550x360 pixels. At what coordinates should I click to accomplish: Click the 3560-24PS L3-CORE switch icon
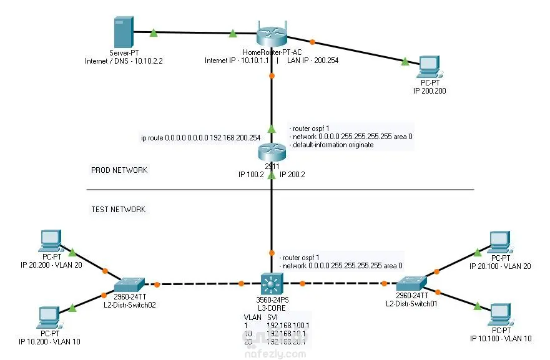(272, 285)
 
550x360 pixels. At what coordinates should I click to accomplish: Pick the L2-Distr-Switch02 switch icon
(130, 284)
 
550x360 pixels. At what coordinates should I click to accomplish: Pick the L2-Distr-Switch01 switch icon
(411, 284)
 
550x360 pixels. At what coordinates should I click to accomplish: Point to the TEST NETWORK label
(119, 210)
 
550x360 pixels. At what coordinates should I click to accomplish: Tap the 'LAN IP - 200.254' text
(313, 61)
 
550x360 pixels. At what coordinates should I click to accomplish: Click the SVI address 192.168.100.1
(288, 325)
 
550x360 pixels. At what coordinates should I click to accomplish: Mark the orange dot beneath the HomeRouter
(272, 76)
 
